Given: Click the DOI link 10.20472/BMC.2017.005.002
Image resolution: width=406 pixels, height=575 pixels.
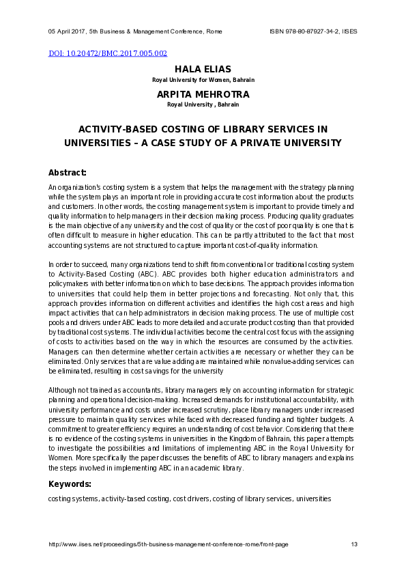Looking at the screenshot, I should [x=108, y=53].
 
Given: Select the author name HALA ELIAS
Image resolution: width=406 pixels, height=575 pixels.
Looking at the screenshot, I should [x=203, y=70].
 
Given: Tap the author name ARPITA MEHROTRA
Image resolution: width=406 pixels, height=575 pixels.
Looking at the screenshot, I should [x=203, y=94].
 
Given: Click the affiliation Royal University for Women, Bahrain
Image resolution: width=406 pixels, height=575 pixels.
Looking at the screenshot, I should [x=203, y=80].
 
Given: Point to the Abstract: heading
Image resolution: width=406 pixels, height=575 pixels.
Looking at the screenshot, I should [x=67, y=172].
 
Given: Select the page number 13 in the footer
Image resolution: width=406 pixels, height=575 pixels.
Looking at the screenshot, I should [x=354, y=544].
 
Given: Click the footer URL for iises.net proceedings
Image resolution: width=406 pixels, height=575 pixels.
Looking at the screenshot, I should [x=168, y=544].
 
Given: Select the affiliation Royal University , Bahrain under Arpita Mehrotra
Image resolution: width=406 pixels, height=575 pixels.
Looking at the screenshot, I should [x=203, y=104].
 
